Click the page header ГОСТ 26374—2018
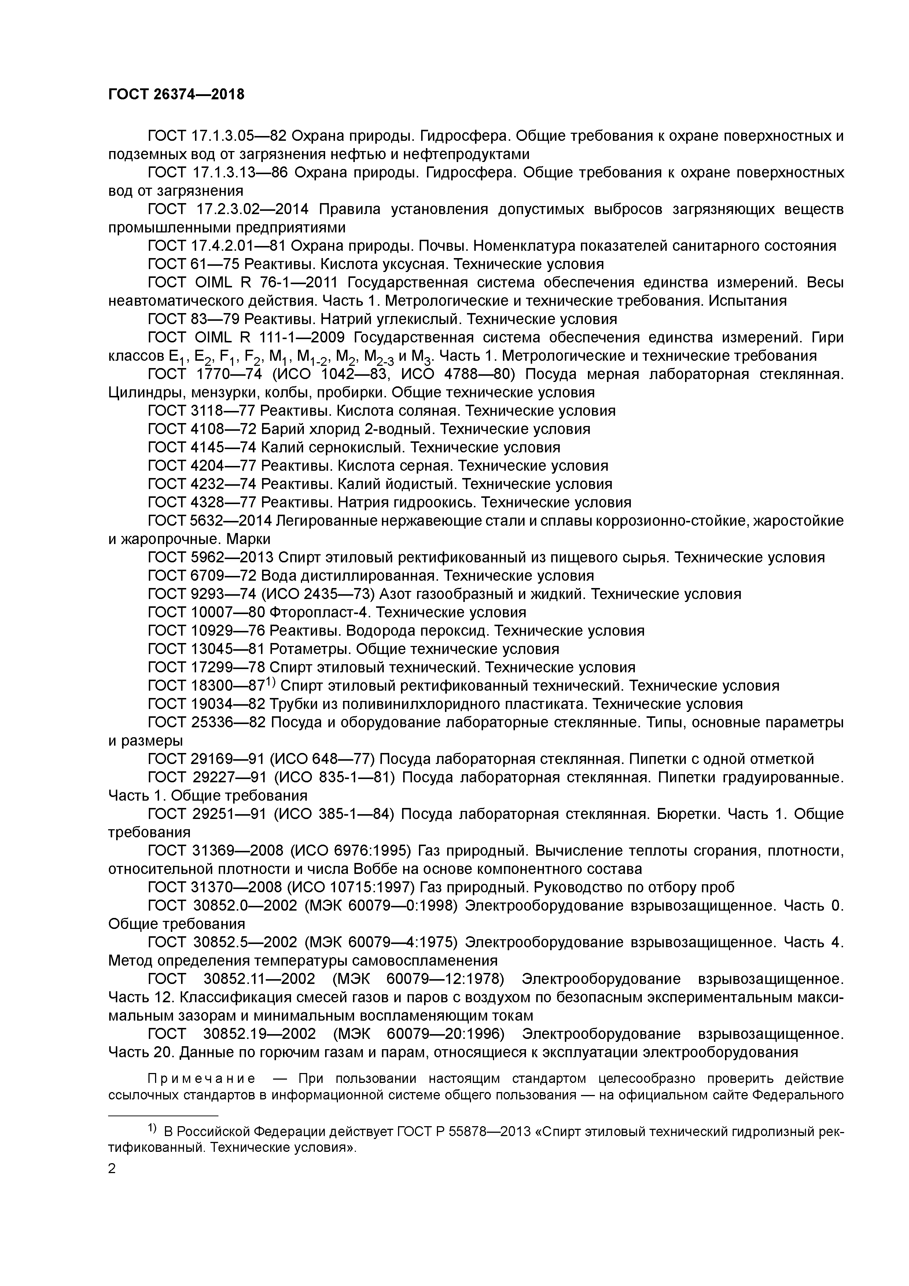coord(176,95)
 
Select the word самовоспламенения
coord(415,960)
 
